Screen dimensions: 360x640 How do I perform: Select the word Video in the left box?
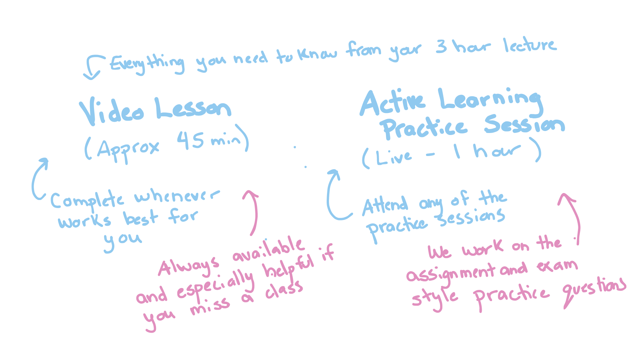[x=111, y=112]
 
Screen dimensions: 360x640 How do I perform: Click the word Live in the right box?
[x=393, y=157]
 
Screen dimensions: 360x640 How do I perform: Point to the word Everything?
[x=147, y=63]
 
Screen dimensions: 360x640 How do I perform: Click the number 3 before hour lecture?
[x=441, y=47]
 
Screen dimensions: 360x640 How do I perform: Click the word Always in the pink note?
[x=189, y=266]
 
